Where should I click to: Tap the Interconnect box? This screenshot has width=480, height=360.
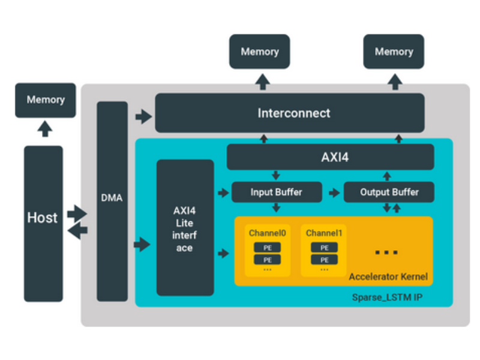pos(290,113)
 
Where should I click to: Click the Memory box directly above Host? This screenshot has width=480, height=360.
pos(46,100)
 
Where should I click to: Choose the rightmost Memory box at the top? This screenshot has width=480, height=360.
pos(394,52)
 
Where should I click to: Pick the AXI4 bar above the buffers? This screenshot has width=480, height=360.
pos(330,157)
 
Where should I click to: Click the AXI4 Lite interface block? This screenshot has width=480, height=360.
pos(185,228)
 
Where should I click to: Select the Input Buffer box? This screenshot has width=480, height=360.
pos(276,193)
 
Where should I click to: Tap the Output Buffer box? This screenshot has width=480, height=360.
pos(389,193)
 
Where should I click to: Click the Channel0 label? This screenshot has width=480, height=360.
pos(267,233)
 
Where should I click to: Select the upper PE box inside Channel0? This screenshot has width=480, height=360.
pos(268,248)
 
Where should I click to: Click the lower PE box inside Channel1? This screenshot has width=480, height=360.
pos(324,260)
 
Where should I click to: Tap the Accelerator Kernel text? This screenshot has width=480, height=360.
pos(388,277)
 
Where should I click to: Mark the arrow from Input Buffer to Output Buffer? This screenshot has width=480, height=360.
pos(331,193)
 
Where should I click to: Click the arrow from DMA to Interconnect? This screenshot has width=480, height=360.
pos(143,116)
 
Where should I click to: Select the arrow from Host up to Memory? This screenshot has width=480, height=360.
pos(45,129)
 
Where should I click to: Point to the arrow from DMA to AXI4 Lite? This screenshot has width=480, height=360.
pos(142,244)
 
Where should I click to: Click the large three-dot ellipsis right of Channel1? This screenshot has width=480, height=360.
pos(386,252)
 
